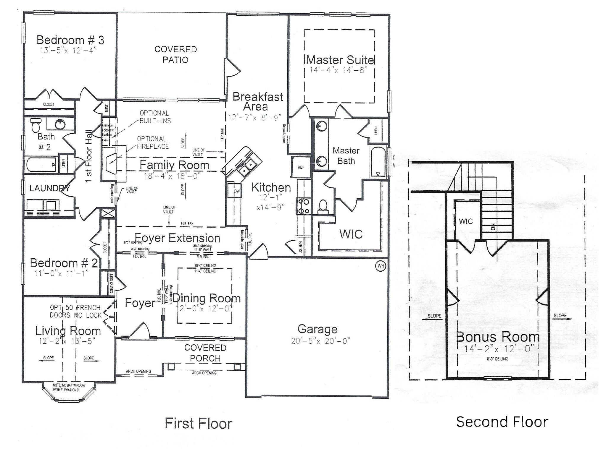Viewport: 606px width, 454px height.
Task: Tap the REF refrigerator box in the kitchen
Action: [x=301, y=167]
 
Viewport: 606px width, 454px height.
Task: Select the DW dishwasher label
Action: [x=237, y=191]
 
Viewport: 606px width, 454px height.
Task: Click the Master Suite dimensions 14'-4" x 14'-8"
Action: [x=339, y=70]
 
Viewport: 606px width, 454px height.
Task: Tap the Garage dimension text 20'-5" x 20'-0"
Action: [x=320, y=341]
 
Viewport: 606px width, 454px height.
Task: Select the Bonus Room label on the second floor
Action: [x=498, y=337]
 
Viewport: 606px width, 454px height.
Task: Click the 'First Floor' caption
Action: [x=198, y=423]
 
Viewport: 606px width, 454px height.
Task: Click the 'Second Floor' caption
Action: [x=502, y=421]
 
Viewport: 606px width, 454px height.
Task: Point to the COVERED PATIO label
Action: [x=175, y=54]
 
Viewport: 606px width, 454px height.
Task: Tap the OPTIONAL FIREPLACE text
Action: [x=153, y=142]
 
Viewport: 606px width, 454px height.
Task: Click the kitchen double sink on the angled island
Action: [x=245, y=166]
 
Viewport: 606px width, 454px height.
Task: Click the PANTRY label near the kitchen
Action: [x=301, y=246]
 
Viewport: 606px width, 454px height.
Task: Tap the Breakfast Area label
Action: [x=258, y=101]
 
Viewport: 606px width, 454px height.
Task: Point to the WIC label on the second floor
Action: [x=466, y=221]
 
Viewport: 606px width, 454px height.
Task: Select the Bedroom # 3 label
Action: [x=70, y=40]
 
